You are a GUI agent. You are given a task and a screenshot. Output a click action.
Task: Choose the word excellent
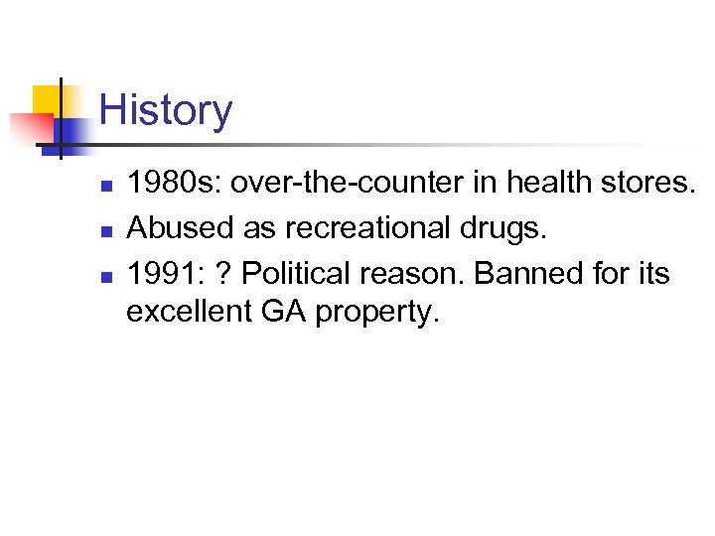(x=189, y=312)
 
